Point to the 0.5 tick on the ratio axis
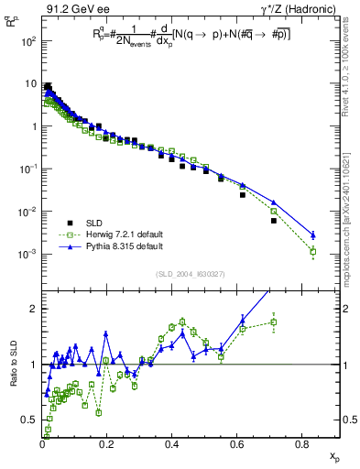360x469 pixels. pos(32,420)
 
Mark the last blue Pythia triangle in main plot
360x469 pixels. pos(313,234)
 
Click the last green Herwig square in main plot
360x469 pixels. pos(313,251)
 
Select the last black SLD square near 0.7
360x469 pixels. pos(274,221)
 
